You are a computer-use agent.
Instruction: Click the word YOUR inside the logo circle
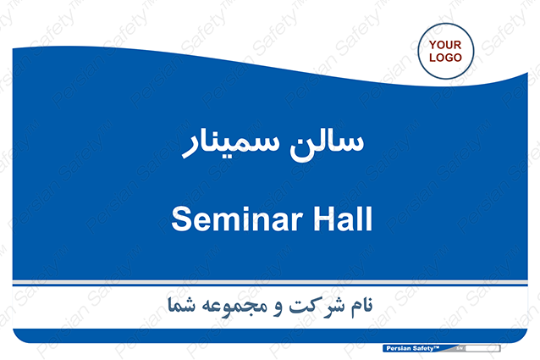coord(445,45)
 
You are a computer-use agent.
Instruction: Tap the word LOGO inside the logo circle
coord(445,58)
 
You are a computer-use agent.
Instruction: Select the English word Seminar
coord(237,219)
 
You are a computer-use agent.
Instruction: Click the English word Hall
coord(343,219)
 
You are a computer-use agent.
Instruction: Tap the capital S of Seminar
coord(181,219)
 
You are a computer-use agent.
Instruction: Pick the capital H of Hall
coord(324,219)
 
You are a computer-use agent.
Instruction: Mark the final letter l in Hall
coord(369,219)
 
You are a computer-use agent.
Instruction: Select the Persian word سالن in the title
coord(327,144)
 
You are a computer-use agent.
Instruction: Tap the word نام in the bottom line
coord(361,306)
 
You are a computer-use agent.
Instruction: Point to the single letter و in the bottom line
coord(278,308)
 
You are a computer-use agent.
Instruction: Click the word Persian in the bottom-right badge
coord(399,348)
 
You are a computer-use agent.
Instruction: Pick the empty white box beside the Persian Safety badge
coord(482,348)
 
